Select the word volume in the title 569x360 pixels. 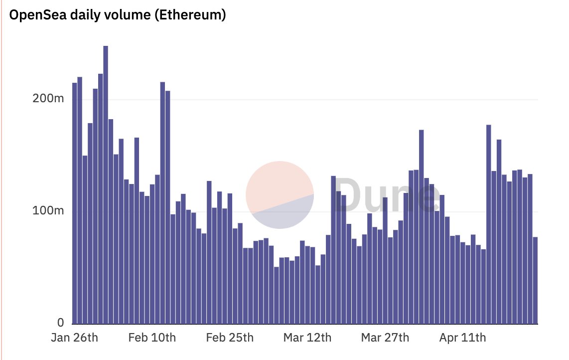pos(126,15)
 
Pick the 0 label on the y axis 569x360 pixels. pos(60,322)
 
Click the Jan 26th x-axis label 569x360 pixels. pos(75,338)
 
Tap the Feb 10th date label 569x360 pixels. pos(152,338)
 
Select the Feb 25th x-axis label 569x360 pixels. pos(230,338)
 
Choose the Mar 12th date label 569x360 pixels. pos(307,338)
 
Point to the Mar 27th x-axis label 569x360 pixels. pos(385,338)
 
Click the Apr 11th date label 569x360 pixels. pos(462,338)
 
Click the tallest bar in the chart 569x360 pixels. pos(106,184)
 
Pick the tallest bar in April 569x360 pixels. pos(489,224)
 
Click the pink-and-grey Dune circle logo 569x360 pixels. pos(280,194)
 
